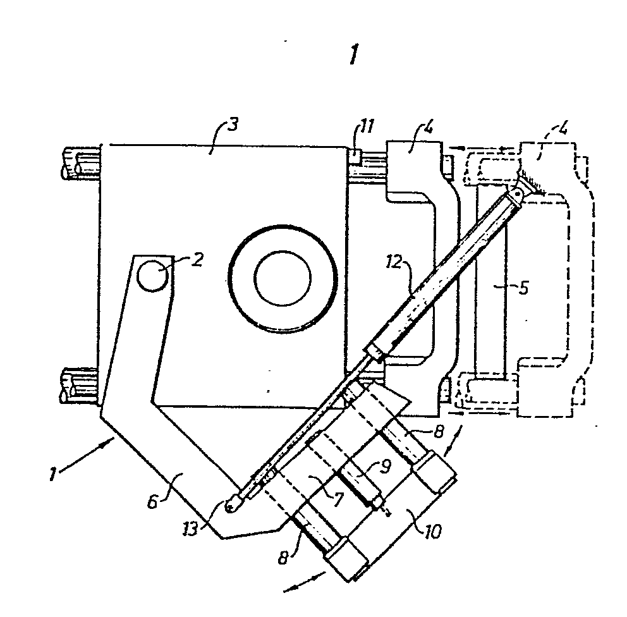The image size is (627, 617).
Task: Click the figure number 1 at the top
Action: [x=353, y=54]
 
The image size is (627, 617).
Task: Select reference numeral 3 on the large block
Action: [x=233, y=125]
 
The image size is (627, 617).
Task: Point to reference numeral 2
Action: [x=197, y=260]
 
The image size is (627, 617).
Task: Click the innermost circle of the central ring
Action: [x=283, y=278]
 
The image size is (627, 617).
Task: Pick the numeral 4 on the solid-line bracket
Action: [x=428, y=128]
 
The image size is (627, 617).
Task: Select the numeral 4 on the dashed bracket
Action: [x=563, y=130]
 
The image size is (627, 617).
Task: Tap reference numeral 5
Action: [x=523, y=288]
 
